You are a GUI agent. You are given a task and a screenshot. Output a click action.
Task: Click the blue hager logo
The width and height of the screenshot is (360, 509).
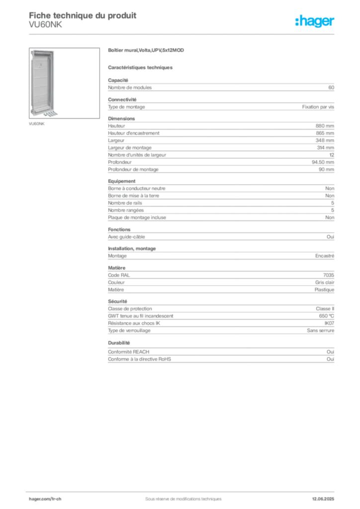pos(316,22)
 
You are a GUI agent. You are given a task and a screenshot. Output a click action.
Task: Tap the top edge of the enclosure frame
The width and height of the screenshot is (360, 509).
pos(43,50)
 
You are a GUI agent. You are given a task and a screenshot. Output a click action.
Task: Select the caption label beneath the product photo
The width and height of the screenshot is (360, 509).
pos(37,124)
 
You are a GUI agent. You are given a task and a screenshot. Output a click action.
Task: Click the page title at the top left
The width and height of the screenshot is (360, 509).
pos(82,13)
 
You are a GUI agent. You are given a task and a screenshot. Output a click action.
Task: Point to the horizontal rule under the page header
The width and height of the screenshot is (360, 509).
pos(183,34)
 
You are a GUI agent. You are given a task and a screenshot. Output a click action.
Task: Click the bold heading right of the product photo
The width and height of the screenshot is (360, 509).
pos(147,51)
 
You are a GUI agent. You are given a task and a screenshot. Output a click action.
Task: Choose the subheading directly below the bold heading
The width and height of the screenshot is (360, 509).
pos(141,67)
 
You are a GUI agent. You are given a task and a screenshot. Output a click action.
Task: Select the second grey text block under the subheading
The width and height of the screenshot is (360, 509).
pos(220,105)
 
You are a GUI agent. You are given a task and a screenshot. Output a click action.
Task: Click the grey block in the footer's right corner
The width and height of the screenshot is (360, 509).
pos(327,495)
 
